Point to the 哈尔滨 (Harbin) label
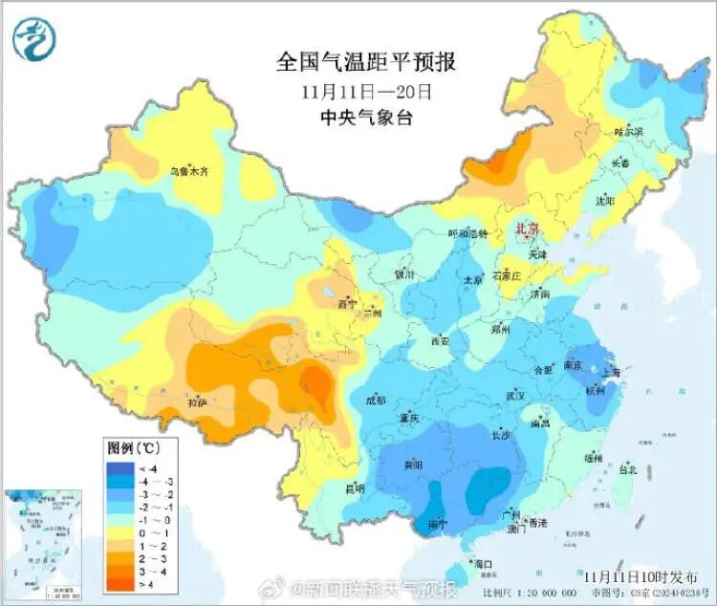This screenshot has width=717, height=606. [628, 131]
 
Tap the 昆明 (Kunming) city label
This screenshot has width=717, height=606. [355, 488]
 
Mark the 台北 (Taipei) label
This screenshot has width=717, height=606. [627, 469]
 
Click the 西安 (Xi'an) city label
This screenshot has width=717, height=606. [440, 340]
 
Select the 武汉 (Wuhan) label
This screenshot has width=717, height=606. [517, 395]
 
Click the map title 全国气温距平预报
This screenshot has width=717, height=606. [365, 62]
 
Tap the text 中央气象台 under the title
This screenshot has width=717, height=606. [365, 119]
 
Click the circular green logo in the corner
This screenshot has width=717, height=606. [34, 38]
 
